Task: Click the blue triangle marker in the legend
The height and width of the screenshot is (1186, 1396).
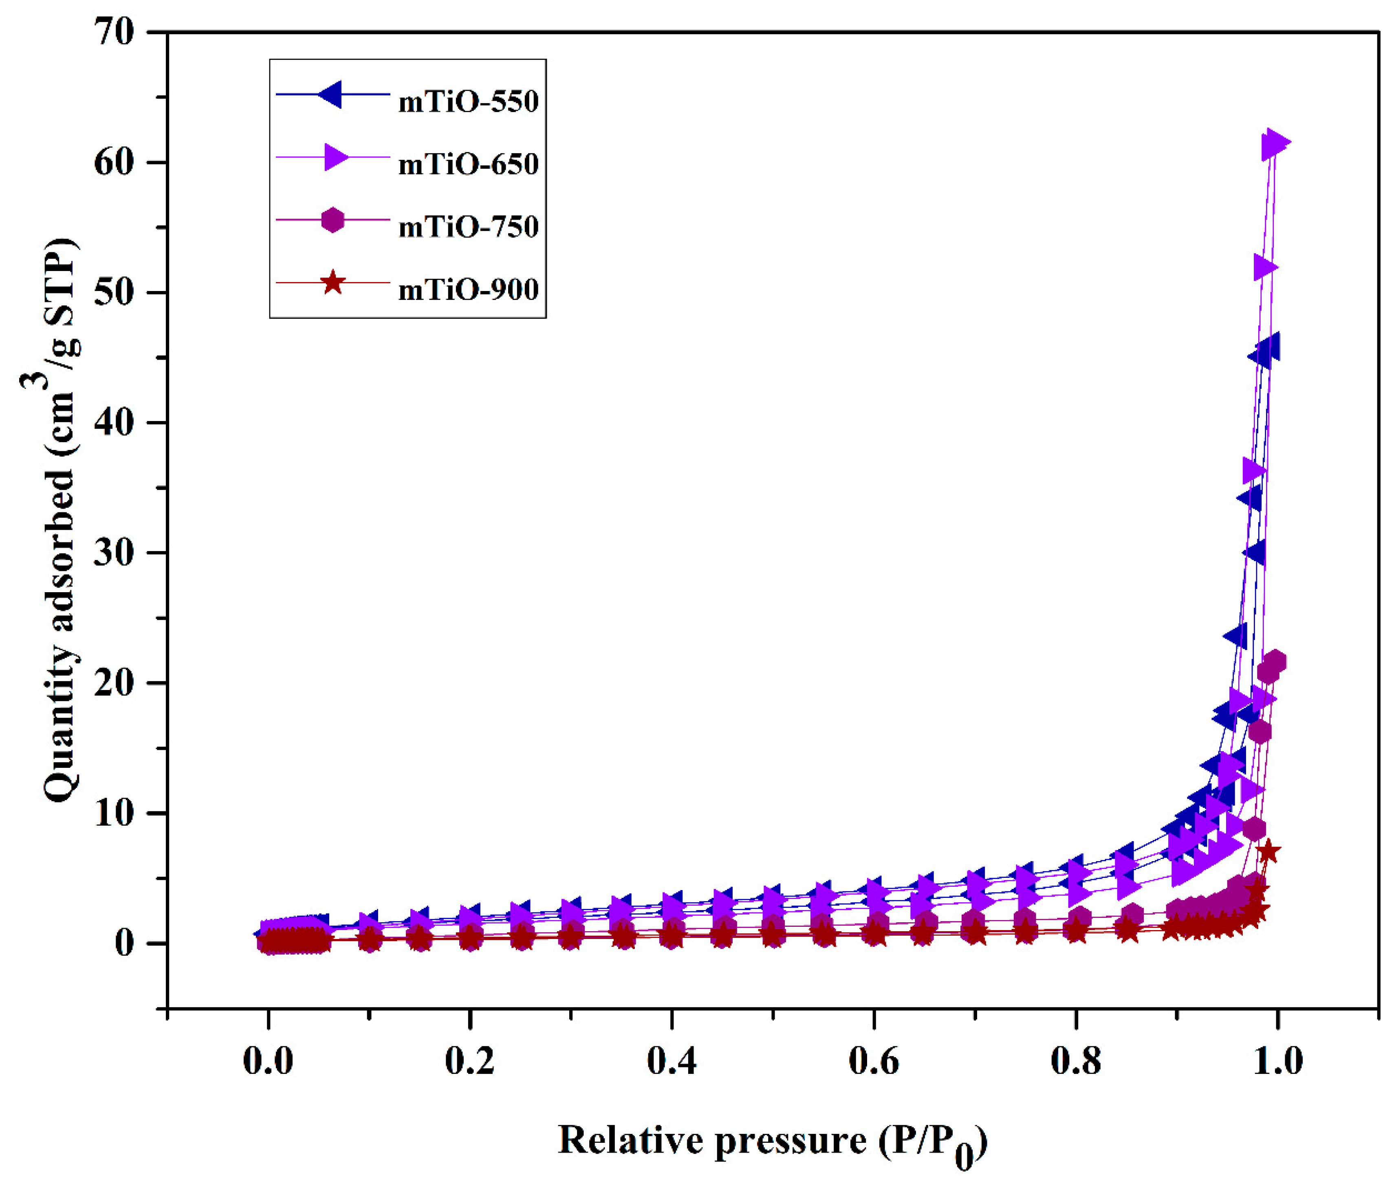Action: click(331, 94)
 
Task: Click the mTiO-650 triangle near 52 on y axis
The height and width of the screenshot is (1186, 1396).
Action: click(1265, 268)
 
